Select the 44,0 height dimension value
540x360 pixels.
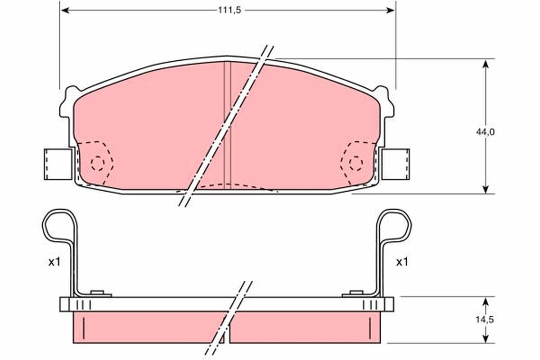click(x=485, y=132)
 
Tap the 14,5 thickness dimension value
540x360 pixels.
click(x=485, y=319)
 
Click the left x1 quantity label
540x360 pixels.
click(x=54, y=262)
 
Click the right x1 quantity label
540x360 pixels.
click(x=402, y=262)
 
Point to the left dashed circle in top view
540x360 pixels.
click(x=97, y=163)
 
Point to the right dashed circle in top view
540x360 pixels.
click(x=356, y=163)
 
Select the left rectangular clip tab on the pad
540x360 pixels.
click(x=58, y=164)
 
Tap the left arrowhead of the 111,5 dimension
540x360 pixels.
click(x=64, y=10)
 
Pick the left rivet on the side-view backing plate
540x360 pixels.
click(x=97, y=293)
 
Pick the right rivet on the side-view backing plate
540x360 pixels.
click(x=356, y=293)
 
